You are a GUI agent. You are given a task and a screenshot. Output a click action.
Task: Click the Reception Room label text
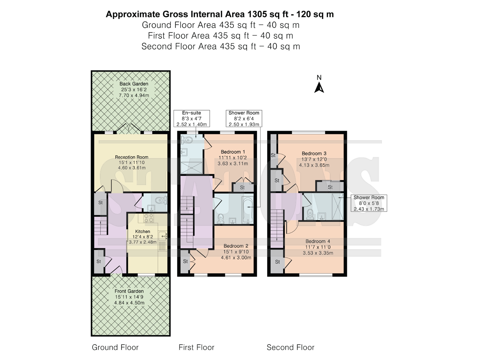coord(132,157)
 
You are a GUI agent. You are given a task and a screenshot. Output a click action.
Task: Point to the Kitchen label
coord(143,231)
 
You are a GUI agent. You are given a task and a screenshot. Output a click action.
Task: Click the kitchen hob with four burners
coord(148,218)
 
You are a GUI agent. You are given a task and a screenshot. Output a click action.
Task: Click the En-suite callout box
coord(192,118)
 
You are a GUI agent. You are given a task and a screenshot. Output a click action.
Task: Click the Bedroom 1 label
coord(233,152)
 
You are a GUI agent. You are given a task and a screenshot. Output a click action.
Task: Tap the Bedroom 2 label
coord(236,246)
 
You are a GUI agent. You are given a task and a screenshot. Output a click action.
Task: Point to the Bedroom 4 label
coord(318,241)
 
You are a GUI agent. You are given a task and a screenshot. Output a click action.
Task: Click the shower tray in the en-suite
coord(192,168)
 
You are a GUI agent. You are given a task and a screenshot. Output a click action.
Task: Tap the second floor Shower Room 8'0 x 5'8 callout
coord(369,203)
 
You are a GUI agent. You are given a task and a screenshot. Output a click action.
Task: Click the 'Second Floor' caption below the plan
coord(290,347)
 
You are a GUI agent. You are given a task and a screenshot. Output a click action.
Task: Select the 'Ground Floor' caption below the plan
coord(115,347)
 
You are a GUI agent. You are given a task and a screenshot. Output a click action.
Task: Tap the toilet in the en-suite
coord(187,140)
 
